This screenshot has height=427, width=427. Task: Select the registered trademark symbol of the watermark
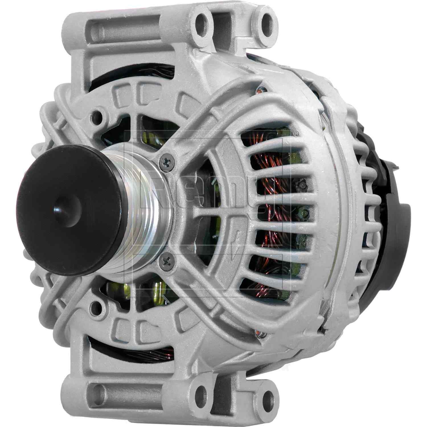(x=296, y=133)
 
